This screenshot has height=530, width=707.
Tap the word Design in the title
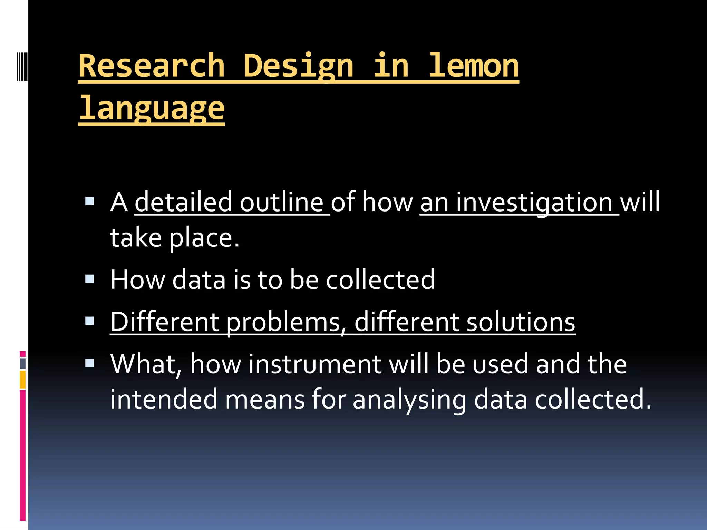tap(298, 66)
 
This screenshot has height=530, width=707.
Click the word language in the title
tap(152, 108)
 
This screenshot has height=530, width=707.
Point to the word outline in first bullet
tap(281, 202)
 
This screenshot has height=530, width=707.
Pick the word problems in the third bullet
tap(284, 322)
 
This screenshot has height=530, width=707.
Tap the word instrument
tap(314, 364)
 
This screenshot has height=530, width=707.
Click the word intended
tap(164, 400)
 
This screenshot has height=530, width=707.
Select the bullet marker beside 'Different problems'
tap(89, 321)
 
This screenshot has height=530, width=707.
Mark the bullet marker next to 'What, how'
tap(89, 363)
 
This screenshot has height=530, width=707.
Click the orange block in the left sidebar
tap(22, 380)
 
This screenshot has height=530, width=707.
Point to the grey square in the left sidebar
tap(23, 364)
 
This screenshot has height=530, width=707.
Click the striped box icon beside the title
tap(22, 66)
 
